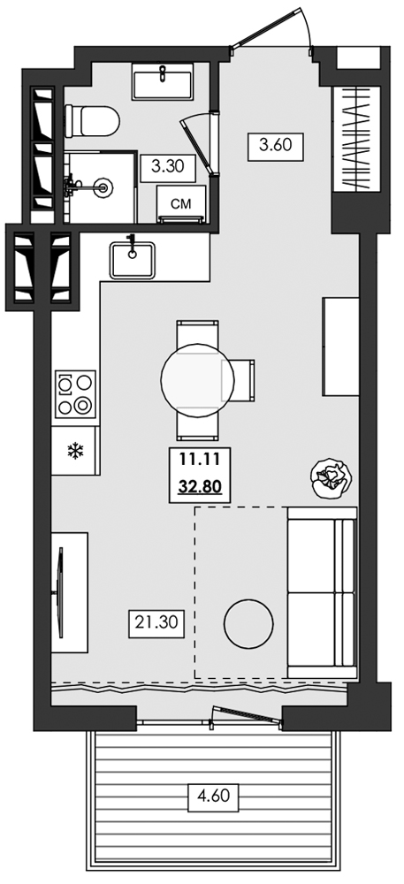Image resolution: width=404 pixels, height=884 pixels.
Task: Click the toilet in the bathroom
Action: (92, 121)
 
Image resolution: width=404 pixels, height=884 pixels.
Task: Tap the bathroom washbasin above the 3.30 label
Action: (163, 81)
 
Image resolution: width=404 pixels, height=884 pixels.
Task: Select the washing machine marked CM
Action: (181, 204)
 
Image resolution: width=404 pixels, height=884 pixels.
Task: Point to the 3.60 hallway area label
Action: (276, 146)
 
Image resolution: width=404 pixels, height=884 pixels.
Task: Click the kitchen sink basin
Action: (133, 260)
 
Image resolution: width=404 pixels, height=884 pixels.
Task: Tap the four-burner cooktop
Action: (75, 394)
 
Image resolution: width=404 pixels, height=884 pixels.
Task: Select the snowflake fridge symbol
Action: (74, 451)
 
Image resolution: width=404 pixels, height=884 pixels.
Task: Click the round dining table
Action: (197, 380)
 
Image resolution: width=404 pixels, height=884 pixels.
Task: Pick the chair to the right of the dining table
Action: (239, 380)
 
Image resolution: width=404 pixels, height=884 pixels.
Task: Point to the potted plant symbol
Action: (332, 478)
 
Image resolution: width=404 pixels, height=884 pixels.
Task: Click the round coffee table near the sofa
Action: (248, 624)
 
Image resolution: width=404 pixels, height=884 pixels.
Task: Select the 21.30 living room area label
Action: (156, 623)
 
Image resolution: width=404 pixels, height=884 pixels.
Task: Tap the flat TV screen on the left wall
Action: (59, 592)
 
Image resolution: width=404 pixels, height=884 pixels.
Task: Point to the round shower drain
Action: (103, 186)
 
